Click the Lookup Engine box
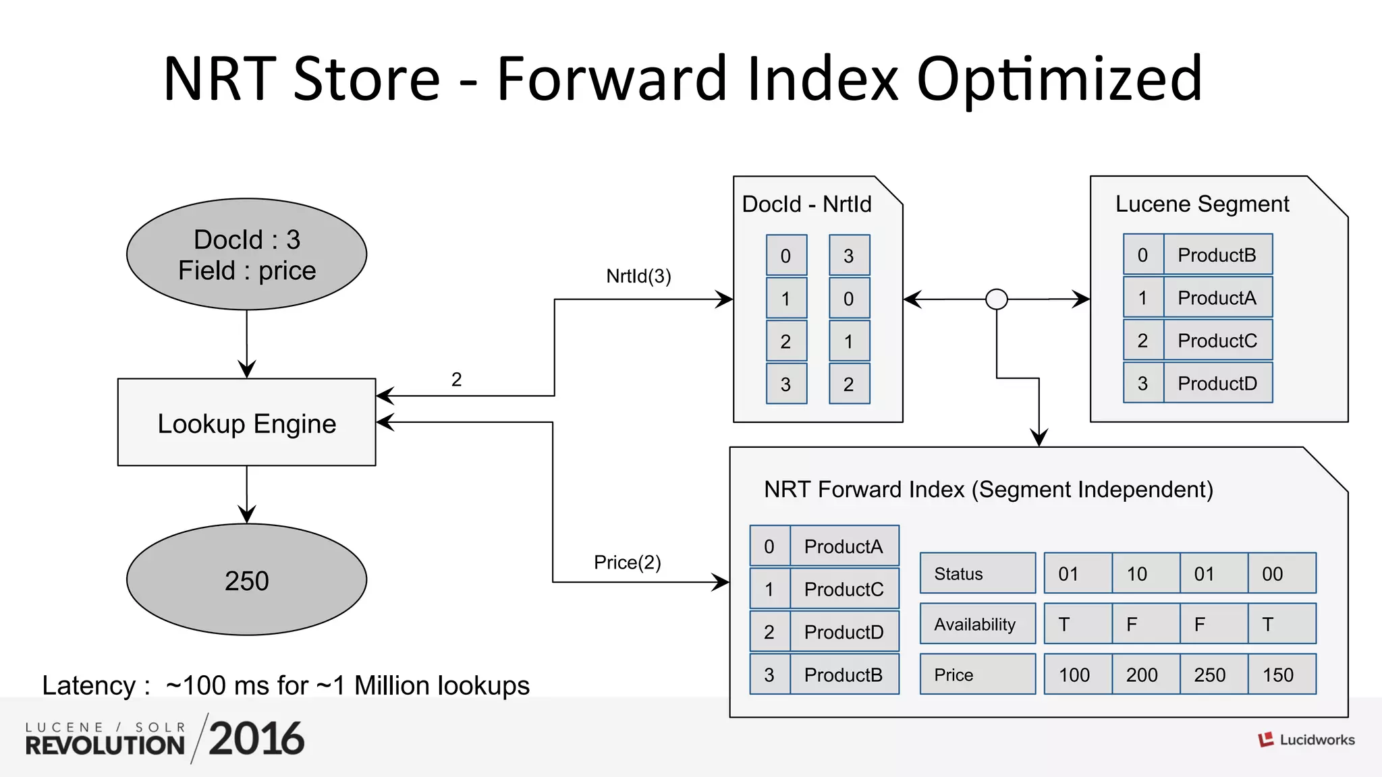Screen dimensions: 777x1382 click(246, 422)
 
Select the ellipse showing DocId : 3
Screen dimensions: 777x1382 click(246, 254)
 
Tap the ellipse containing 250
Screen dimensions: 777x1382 click(246, 580)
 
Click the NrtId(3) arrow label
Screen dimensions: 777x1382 click(638, 276)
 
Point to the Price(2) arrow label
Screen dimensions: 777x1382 click(627, 563)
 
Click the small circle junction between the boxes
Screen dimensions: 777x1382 click(996, 299)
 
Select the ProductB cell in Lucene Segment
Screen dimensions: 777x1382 click(1217, 255)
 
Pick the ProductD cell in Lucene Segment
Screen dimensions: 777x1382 click(1217, 383)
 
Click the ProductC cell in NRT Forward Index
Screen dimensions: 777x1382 click(844, 589)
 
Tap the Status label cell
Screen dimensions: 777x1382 click(977, 573)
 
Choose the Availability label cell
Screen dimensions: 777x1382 click(977, 624)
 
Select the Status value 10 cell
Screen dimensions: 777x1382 click(1145, 573)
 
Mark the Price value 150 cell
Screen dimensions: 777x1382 click(1281, 674)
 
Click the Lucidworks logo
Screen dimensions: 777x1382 click(1306, 740)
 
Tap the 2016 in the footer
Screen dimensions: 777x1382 click(256, 739)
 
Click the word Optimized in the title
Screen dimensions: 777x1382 click(1059, 80)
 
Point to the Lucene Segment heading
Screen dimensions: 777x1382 click(1202, 204)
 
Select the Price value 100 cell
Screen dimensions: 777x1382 click(1077, 674)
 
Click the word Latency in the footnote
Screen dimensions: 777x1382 click(89, 685)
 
